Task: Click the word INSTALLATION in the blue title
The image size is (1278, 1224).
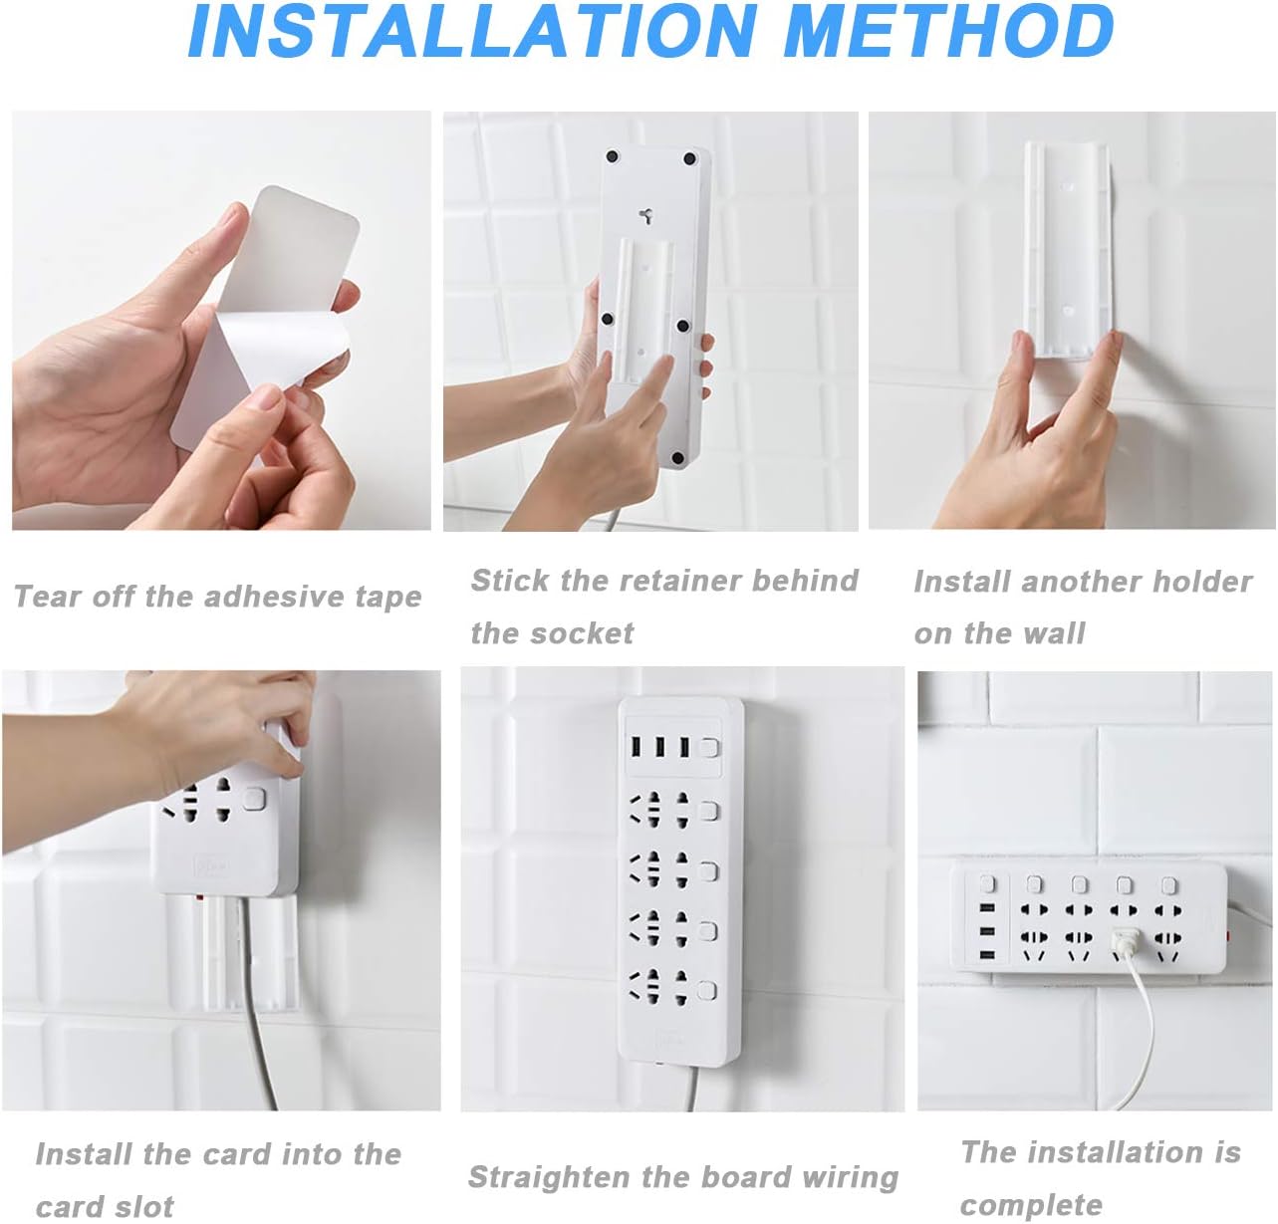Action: click(x=473, y=31)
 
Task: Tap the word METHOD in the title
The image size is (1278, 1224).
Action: click(x=949, y=31)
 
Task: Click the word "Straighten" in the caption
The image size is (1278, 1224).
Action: click(x=550, y=1177)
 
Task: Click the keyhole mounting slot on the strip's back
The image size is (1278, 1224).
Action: click(x=646, y=215)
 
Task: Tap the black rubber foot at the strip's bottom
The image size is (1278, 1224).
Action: click(x=677, y=458)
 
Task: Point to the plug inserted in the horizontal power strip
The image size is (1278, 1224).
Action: click(x=1123, y=942)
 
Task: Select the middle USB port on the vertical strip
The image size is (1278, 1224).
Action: click(x=660, y=747)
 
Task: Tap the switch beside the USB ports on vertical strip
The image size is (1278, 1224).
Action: click(x=709, y=748)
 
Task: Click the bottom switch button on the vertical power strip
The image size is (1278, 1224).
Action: click(x=706, y=990)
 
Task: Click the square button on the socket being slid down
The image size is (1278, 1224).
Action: click(x=253, y=799)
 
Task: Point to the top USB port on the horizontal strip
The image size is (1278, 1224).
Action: click(x=986, y=909)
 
